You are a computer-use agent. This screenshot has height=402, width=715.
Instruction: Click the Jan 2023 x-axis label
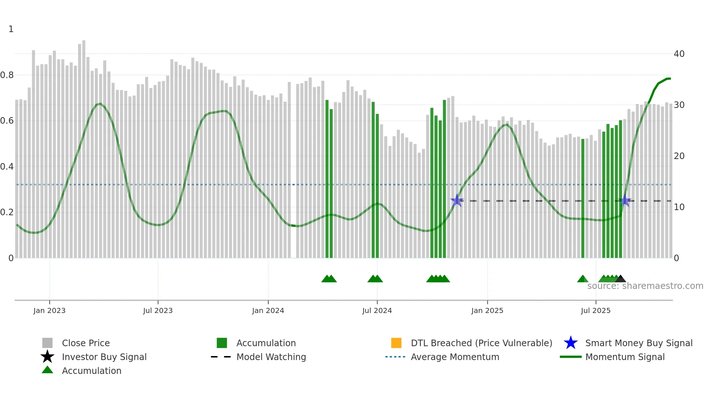[x=49, y=310]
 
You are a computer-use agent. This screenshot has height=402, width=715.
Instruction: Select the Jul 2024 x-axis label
[x=377, y=310]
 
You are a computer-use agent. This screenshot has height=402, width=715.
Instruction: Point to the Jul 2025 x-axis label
[x=595, y=310]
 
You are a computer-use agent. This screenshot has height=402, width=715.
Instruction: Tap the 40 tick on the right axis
[x=679, y=54]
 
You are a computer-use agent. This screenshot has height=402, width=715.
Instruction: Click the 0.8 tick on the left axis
[x=7, y=75]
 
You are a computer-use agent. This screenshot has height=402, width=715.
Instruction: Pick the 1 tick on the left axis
[x=11, y=29]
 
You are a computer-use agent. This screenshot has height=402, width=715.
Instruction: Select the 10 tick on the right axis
[x=679, y=207]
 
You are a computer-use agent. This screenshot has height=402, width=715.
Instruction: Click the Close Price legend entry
[x=86, y=343]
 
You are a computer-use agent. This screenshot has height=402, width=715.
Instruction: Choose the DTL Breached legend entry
[x=481, y=343]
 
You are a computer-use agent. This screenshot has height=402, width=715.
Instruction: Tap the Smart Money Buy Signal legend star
[x=571, y=343]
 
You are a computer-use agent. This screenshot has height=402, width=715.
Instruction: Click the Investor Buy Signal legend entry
[x=104, y=357]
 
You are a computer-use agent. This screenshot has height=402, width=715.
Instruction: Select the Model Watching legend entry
[x=271, y=357]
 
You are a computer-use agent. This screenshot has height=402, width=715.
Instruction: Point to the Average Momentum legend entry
[x=455, y=357]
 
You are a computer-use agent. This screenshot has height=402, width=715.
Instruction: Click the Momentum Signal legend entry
[x=625, y=357]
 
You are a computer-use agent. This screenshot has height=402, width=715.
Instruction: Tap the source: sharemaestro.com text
[x=645, y=286]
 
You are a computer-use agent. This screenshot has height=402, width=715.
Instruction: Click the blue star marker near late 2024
[x=457, y=201]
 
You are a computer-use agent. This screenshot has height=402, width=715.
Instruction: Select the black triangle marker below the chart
[x=621, y=279]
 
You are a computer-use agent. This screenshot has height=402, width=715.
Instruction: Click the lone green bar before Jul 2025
[x=583, y=197]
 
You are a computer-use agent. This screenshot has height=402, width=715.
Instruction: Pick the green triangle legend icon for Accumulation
[x=47, y=370]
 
